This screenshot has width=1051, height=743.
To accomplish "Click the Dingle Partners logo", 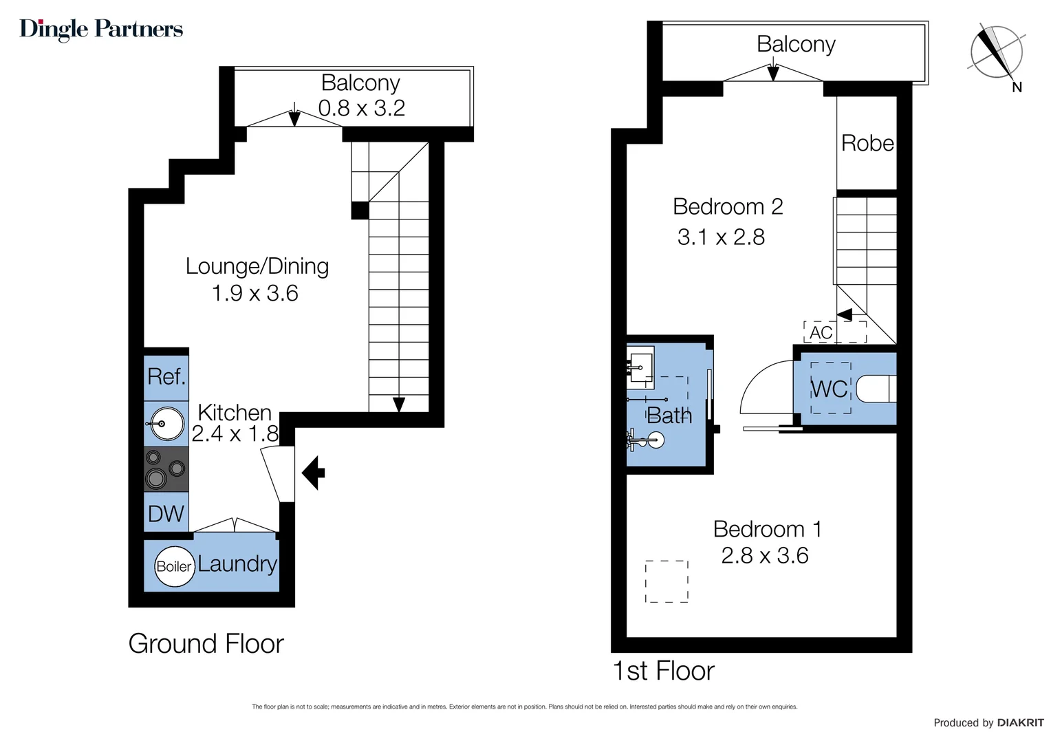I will (x=101, y=29).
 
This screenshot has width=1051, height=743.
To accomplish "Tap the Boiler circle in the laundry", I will (x=174, y=566).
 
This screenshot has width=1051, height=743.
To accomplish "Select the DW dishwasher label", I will (x=166, y=514).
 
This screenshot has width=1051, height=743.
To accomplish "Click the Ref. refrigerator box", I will (x=166, y=377).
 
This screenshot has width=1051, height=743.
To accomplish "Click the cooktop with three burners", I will (x=166, y=469).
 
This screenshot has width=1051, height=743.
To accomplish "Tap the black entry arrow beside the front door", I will (x=314, y=473).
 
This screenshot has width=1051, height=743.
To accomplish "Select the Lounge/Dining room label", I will (x=257, y=266).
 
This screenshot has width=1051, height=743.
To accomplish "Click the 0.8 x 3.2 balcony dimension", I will (x=361, y=108).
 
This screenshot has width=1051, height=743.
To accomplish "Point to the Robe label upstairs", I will (x=867, y=143).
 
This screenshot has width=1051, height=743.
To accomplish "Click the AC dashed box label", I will (x=821, y=332).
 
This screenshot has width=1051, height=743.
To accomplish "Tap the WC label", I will (x=830, y=389).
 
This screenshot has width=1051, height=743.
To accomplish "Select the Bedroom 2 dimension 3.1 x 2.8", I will (x=721, y=237).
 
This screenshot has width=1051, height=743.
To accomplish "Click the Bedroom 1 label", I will (x=767, y=529).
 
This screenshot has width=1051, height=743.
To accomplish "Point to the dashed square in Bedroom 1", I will (x=667, y=581).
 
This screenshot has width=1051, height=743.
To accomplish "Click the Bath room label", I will (x=669, y=416).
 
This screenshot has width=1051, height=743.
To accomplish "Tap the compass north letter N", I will (x=1017, y=87).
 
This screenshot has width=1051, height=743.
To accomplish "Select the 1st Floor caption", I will (x=663, y=671).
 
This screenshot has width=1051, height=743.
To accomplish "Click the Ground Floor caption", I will (x=206, y=644).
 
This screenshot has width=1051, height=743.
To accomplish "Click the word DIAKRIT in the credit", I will (x=1020, y=722).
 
